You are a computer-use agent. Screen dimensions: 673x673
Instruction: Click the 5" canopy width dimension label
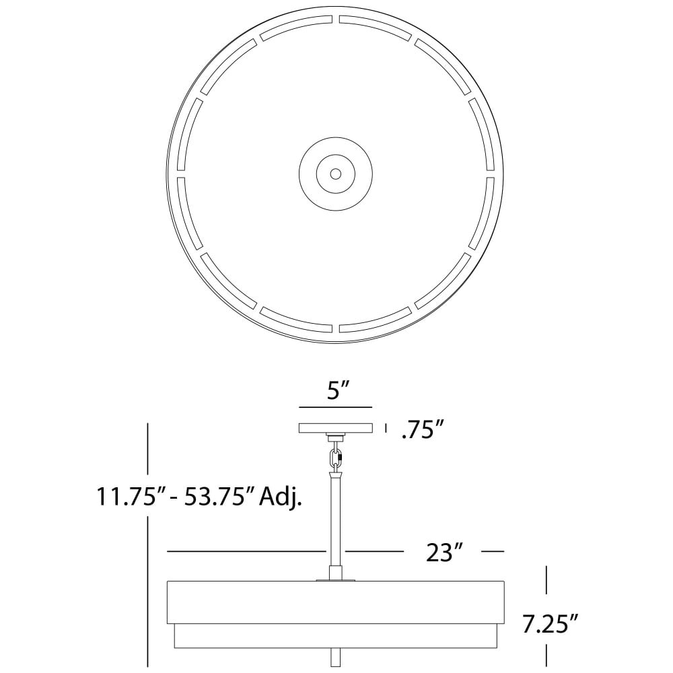coord(336,391)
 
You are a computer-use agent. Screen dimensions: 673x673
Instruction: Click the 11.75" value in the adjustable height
coord(127,497)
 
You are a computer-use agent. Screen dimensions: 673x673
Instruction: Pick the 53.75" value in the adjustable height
coord(215,497)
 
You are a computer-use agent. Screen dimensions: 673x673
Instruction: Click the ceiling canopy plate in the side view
coord(336,428)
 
